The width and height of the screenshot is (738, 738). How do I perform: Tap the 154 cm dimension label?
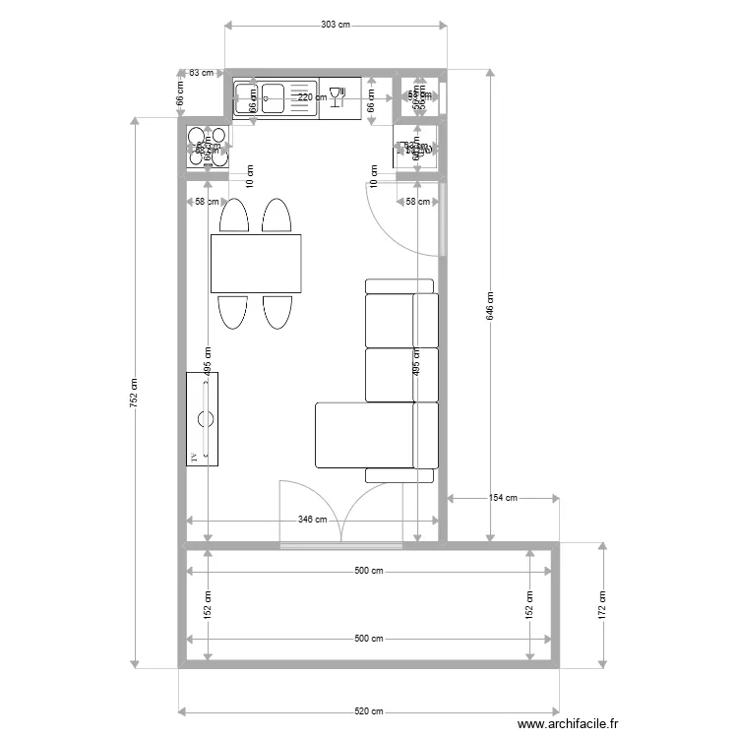click(x=504, y=498)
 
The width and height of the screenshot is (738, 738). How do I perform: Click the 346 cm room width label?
click(x=313, y=520)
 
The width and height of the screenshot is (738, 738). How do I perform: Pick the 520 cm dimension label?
click(x=368, y=711)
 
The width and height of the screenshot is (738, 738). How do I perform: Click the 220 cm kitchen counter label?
click(x=313, y=97)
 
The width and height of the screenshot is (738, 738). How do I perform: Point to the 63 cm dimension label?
click(x=201, y=72)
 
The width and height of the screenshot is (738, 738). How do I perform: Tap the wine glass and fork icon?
click(x=338, y=96)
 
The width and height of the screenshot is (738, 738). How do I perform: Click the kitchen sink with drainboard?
click(x=277, y=99)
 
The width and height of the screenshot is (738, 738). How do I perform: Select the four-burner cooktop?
click(x=208, y=146)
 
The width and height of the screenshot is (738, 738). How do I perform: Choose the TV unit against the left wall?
click(x=204, y=419)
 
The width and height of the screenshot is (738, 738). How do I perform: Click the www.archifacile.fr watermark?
click(x=568, y=724)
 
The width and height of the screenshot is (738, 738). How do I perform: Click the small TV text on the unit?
click(x=194, y=457)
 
